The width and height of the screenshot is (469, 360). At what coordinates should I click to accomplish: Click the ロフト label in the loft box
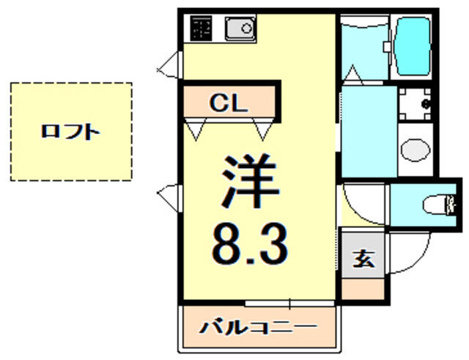[x=70, y=132]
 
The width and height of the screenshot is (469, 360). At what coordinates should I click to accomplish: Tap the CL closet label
[x=229, y=103]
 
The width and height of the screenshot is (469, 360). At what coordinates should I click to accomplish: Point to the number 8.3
[x=250, y=244]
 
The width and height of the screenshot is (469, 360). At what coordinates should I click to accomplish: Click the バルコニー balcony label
[x=258, y=328]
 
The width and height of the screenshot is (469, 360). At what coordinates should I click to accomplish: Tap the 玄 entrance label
[x=363, y=259]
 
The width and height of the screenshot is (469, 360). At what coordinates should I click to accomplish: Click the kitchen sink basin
[x=241, y=29]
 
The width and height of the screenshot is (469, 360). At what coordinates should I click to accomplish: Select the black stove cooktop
[x=201, y=29]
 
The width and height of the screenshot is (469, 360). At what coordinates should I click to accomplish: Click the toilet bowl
[x=435, y=205]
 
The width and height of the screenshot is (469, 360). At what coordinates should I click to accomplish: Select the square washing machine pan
[x=415, y=104]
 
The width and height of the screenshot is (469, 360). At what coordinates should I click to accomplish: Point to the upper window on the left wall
[x=170, y=65]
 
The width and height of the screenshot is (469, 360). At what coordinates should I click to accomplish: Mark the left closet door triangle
[x=196, y=129]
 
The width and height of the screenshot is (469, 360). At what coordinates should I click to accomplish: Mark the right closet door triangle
[x=263, y=129]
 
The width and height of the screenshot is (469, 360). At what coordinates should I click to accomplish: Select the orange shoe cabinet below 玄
[x=363, y=288]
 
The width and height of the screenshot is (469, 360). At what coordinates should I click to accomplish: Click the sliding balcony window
[x=289, y=304]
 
